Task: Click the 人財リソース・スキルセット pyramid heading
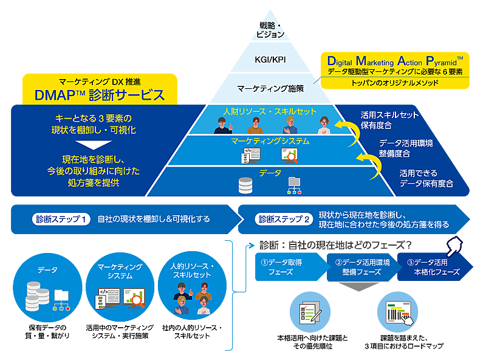(x=271, y=112)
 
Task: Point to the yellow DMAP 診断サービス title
(x=100, y=95)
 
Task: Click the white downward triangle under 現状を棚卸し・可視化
(x=94, y=145)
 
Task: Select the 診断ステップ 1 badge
(x=61, y=219)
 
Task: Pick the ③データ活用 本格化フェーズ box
(x=433, y=267)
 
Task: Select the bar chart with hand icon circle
(x=398, y=314)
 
